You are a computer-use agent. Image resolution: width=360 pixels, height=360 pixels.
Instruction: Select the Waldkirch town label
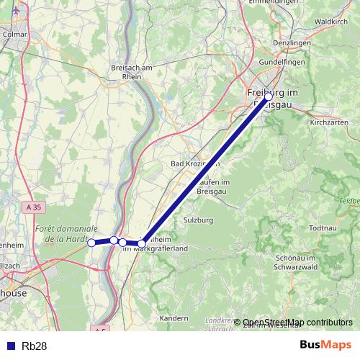332,31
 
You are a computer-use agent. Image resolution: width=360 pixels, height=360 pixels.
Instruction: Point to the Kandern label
173,318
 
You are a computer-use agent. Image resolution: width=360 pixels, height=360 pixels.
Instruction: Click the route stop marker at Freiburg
268,96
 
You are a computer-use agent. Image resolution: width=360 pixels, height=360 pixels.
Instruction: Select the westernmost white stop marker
91,243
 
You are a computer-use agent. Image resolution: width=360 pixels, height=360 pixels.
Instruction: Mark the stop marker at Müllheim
143,243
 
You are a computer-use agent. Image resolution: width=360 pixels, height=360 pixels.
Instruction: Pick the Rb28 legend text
35,346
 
